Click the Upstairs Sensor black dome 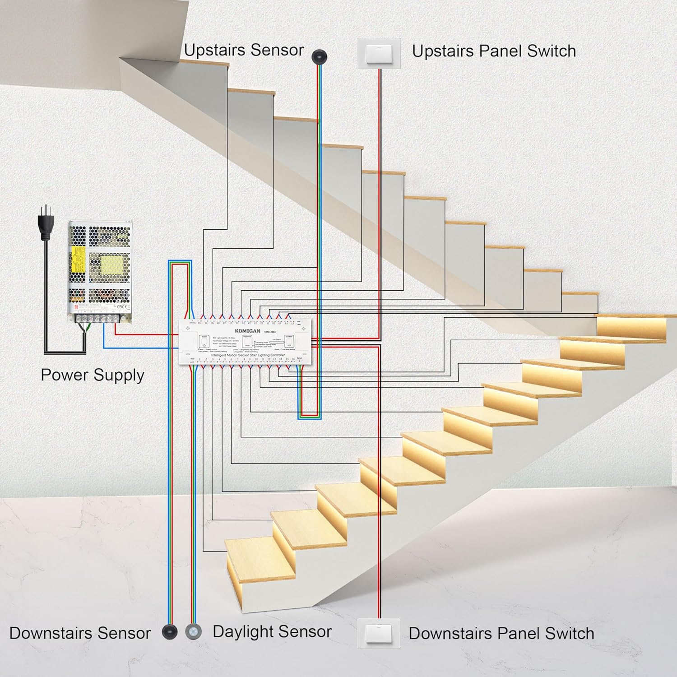click(x=319, y=56)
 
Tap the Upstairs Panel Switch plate click(x=379, y=54)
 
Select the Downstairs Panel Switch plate click(x=378, y=633)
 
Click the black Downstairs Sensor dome click(x=169, y=631)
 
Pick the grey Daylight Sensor click(x=194, y=631)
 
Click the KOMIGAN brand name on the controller click(x=247, y=331)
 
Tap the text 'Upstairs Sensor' click(x=244, y=50)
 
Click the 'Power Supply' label click(x=93, y=375)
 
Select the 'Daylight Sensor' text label click(x=272, y=631)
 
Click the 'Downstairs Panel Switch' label click(x=501, y=633)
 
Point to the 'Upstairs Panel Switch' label click(x=494, y=51)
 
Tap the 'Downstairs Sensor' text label click(x=80, y=633)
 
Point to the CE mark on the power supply click(x=120, y=306)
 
